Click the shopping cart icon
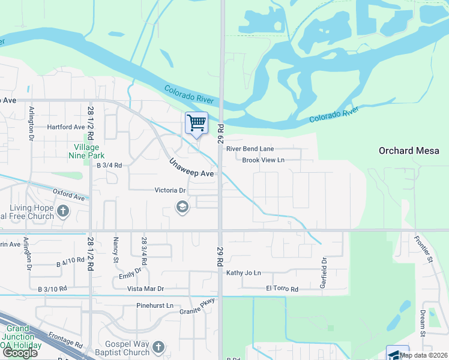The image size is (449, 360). click(196, 123)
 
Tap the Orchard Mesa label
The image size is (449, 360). click(413, 151)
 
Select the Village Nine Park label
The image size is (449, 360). click(89, 151)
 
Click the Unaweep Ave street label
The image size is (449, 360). click(191, 168)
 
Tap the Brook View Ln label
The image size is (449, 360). click(263, 160)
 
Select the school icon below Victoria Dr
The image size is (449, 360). click(181, 208)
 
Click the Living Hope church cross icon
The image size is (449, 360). click(64, 212)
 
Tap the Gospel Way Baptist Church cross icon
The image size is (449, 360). click(158, 347)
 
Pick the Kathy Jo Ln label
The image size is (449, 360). click(244, 273)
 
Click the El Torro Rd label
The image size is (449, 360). click(282, 289)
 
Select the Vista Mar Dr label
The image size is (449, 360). click(145, 289)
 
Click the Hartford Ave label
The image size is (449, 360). click(67, 127)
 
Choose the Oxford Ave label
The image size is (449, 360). click(68, 196)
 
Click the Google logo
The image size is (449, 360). click(20, 353)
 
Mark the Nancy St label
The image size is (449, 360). click(115, 250)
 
